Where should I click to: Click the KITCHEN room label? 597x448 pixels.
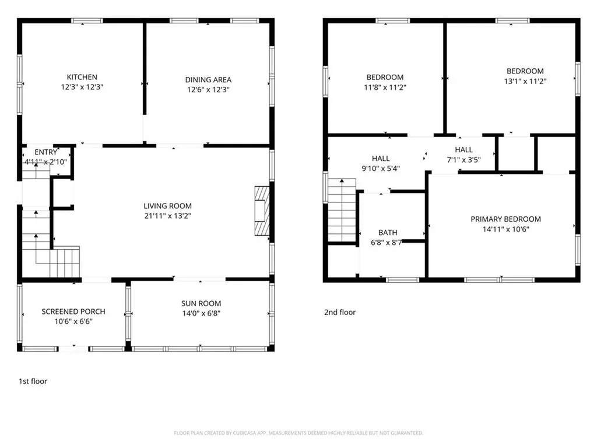click(x=82, y=77)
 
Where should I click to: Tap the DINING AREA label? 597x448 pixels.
click(x=208, y=79)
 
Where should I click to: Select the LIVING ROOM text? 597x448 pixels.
click(x=167, y=206)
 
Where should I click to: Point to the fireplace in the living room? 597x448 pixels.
click(x=262, y=211)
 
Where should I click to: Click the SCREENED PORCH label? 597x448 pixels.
click(x=73, y=311)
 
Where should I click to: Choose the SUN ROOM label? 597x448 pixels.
click(x=201, y=303)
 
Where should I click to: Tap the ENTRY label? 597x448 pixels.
click(x=45, y=152)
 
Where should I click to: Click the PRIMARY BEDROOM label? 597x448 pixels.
click(x=505, y=219)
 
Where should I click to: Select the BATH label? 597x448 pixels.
click(x=388, y=232)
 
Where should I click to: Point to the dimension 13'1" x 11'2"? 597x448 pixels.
click(x=525, y=81)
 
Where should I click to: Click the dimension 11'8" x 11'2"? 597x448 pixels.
click(x=385, y=87)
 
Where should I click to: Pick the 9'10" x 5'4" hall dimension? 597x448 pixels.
click(x=381, y=169)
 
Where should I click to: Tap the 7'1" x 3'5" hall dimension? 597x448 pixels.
click(x=463, y=160)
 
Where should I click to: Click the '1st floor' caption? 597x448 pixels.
click(x=33, y=381)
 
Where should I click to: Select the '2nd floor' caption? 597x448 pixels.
click(x=340, y=312)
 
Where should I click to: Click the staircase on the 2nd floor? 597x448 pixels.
click(x=342, y=210)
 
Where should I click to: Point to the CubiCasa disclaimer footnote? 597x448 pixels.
click(x=298, y=433)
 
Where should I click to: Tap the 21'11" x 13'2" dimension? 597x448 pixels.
click(x=167, y=216)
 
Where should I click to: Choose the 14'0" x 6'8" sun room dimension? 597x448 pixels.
click(x=201, y=313)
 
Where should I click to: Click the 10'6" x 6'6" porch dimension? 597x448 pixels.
click(x=73, y=321)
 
